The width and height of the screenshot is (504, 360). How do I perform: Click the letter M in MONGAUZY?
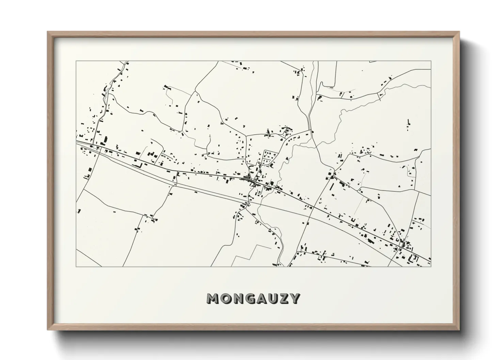(212, 298)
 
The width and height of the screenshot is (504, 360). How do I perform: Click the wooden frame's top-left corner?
(48, 32)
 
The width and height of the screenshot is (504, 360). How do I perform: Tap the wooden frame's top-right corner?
(459, 32)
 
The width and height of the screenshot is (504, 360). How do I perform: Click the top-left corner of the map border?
(76, 61)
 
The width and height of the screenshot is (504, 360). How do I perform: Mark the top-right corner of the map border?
(431, 61)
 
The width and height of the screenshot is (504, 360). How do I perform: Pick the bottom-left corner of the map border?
(76, 266)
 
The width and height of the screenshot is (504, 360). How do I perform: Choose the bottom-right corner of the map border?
(431, 266)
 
